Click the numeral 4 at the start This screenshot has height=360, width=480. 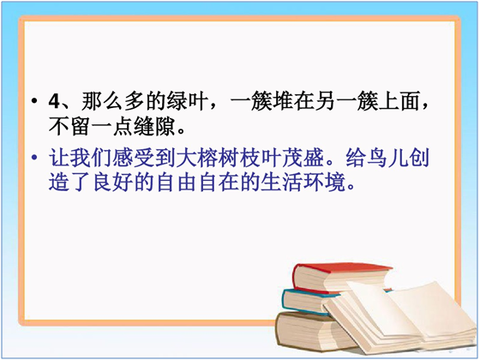(x=54, y=101)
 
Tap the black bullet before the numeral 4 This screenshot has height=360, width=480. (x=35, y=101)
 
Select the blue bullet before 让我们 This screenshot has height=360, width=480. (x=35, y=158)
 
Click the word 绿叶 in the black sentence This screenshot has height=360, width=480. (x=188, y=101)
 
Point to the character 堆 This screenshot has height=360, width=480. (x=282, y=101)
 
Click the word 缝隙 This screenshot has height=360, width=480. (x=154, y=127)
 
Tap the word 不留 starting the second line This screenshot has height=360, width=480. (x=69, y=127)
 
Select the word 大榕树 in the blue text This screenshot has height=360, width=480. (x=207, y=158)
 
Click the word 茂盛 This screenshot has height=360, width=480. (x=303, y=158)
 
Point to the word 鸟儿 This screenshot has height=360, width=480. (x=387, y=158)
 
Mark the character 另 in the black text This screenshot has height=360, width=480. (x=325, y=101)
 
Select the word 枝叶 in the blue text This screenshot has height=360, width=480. (x=261, y=158)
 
